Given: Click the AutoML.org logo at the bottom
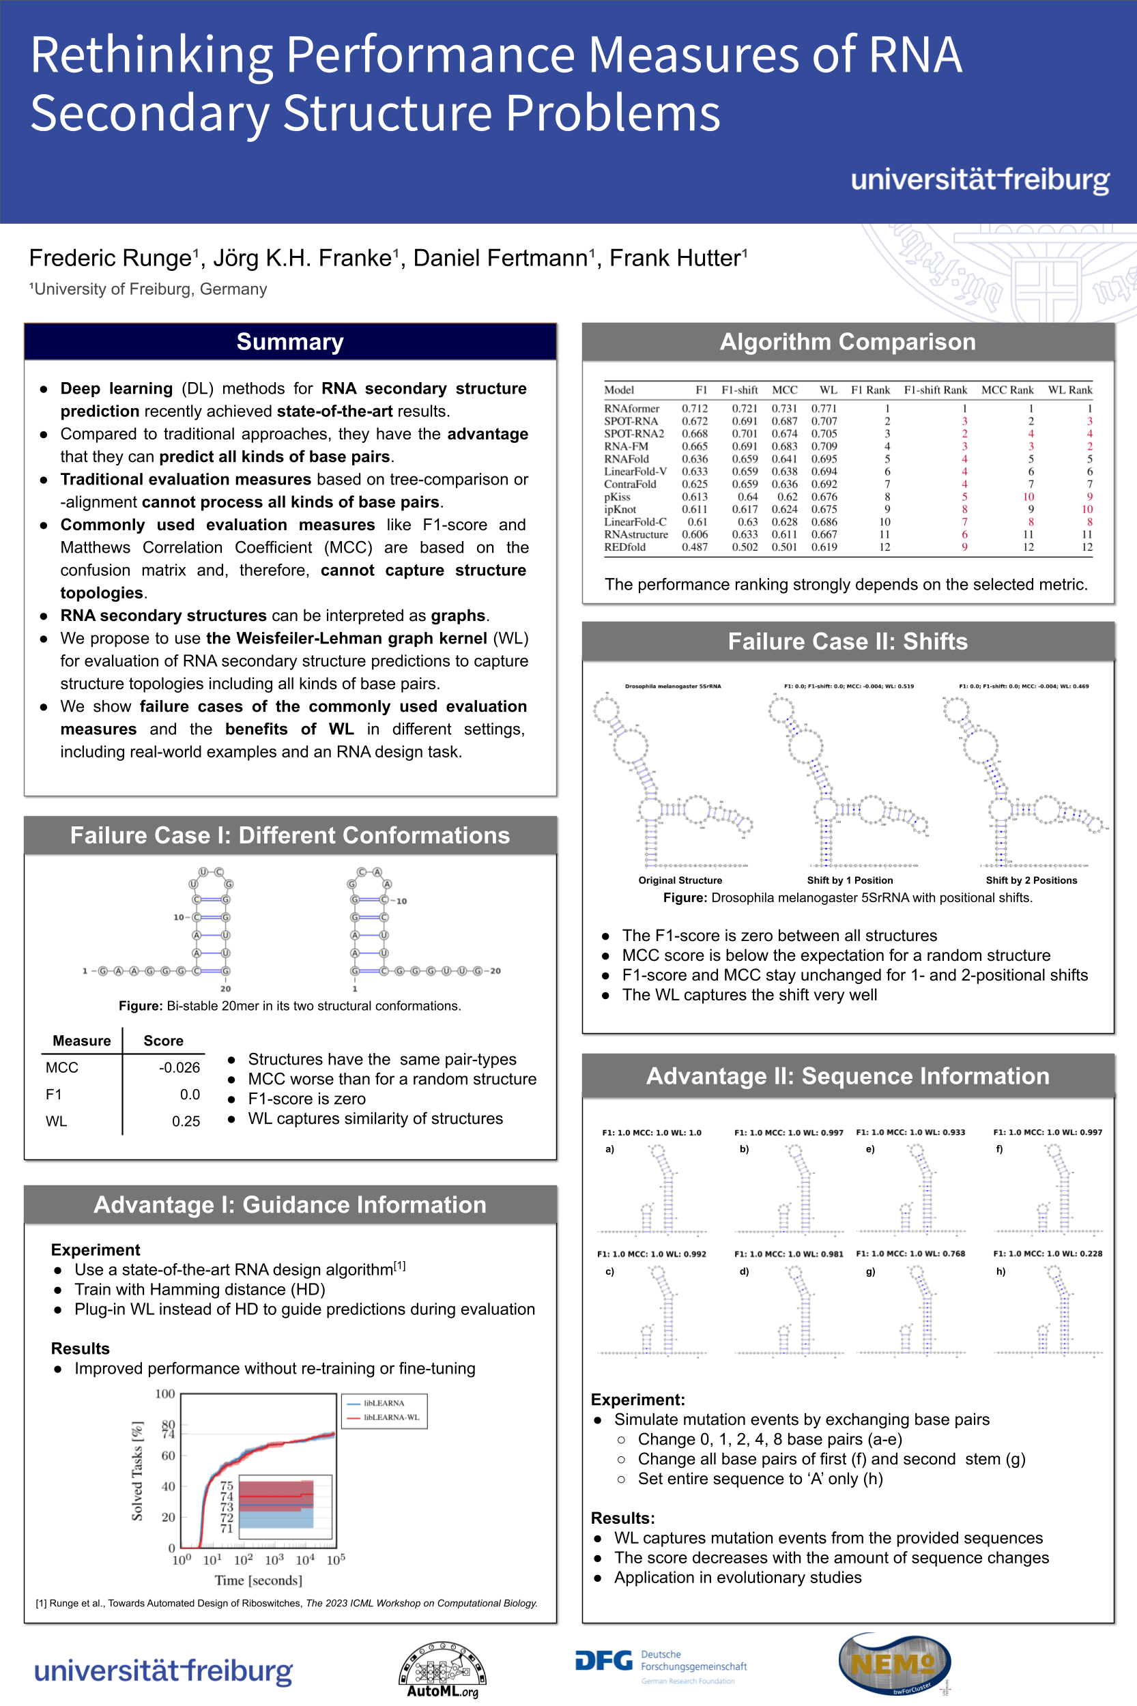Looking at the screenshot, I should [442, 1670].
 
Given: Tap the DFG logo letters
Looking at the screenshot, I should [603, 1661].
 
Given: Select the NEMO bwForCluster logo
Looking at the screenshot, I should [894, 1664].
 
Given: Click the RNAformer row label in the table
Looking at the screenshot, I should [631, 409].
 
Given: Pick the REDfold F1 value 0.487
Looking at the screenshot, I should [694, 547].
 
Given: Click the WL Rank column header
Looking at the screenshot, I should [1069, 390].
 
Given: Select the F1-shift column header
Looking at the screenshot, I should [739, 390].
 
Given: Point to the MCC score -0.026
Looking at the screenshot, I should [179, 1067].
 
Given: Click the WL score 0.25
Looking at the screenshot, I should [186, 1121].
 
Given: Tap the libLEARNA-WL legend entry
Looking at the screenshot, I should [391, 1417].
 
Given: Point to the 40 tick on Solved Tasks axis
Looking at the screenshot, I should [168, 1486].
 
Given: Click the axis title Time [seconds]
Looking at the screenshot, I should [258, 1580].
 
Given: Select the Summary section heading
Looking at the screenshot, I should [290, 341].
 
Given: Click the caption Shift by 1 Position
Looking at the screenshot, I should [850, 880].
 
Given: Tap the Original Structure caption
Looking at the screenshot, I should [680, 880].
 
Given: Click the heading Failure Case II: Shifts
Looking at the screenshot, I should [848, 641].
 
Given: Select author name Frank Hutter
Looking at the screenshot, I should [678, 258].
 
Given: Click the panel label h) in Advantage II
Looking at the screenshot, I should [1001, 1272].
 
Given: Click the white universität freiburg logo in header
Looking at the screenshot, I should [979, 179].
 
